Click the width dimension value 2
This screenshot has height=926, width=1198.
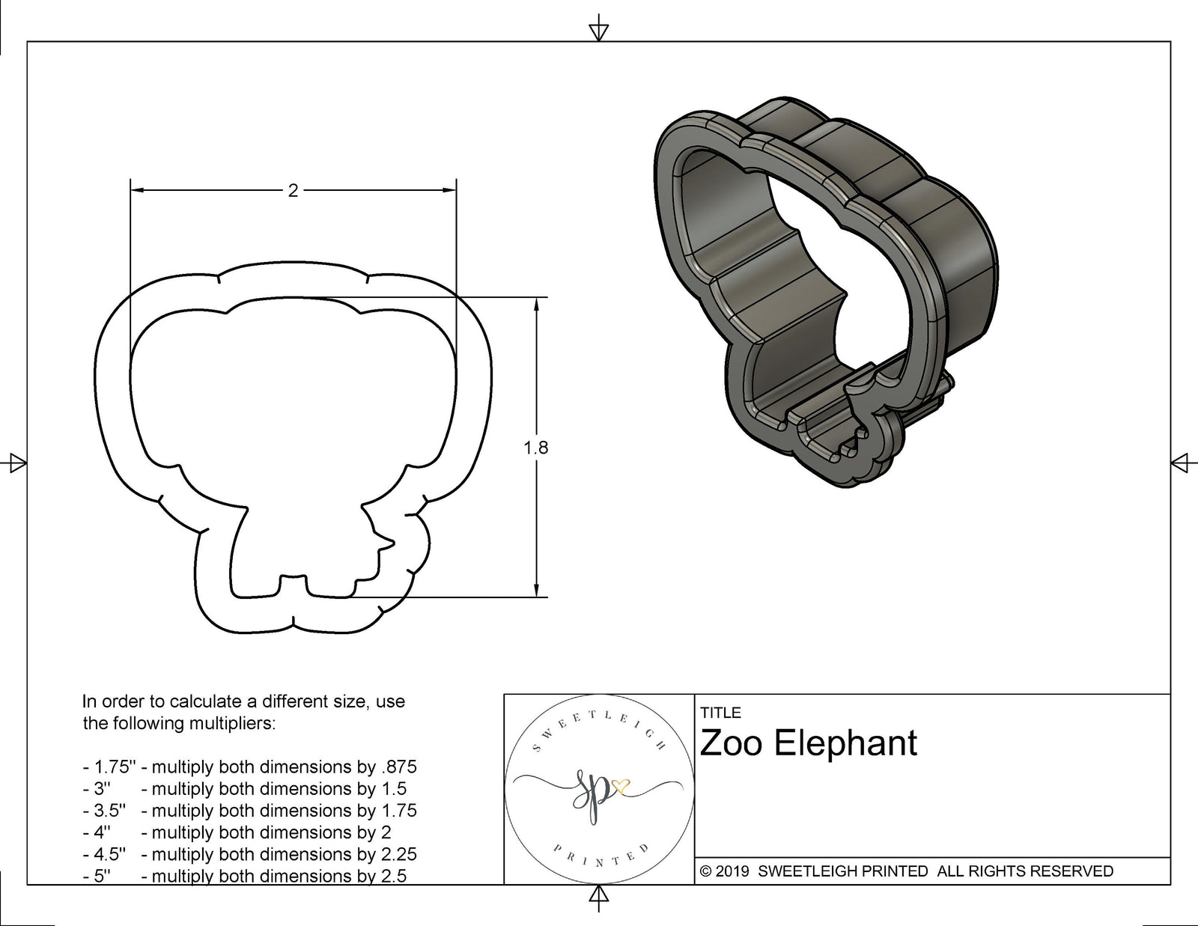(293, 191)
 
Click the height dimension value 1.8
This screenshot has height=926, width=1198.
(535, 448)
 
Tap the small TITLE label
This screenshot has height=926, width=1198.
(720, 713)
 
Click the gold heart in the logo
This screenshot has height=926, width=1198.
(621, 785)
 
